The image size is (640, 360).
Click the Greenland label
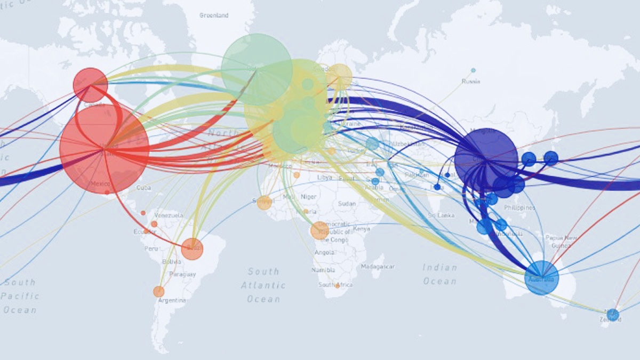click(x=214, y=15)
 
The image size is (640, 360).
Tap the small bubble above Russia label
click(x=473, y=70)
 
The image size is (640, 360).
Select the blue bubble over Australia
click(x=541, y=278)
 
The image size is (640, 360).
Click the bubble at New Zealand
click(x=613, y=315)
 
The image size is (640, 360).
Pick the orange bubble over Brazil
click(x=192, y=249)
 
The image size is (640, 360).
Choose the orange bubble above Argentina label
click(x=159, y=292)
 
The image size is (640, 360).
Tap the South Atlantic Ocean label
click(x=263, y=285)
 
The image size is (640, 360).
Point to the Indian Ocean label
click(x=440, y=274)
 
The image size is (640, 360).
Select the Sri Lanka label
click(x=441, y=215)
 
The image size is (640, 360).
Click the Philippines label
click(x=519, y=207)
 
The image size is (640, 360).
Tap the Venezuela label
click(x=169, y=215)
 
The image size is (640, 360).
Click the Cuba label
click(x=143, y=188)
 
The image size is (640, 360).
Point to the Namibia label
click(x=324, y=270)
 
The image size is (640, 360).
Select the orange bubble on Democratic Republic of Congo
click(x=319, y=230)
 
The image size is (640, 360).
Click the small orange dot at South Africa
click(x=337, y=286)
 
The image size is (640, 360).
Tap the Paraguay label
click(x=182, y=274)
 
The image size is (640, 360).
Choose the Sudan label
click(x=347, y=204)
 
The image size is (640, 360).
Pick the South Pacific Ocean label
click(x=20, y=296)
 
